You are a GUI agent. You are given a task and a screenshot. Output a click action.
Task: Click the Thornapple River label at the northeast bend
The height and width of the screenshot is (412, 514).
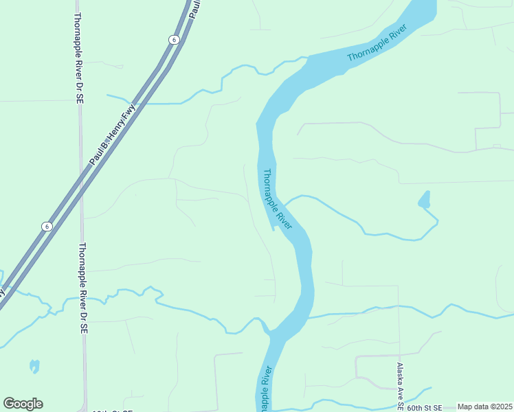click(x=377, y=43)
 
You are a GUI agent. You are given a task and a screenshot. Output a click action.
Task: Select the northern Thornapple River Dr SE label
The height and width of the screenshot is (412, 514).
click(x=79, y=58)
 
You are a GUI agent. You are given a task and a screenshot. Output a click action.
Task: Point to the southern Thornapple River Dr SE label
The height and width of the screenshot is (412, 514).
click(x=82, y=288)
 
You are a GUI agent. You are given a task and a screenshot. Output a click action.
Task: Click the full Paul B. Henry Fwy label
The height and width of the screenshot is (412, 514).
click(x=113, y=135)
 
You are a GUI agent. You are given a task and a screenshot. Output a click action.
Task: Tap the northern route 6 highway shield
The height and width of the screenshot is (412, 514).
click(x=175, y=40)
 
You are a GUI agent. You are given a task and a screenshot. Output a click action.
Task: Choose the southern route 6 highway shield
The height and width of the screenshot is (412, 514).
click(x=46, y=226)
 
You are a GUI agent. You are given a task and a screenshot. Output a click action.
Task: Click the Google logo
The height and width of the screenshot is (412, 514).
click(x=23, y=404)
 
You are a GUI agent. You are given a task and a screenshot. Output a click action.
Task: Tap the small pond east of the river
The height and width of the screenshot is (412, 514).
click(x=424, y=201)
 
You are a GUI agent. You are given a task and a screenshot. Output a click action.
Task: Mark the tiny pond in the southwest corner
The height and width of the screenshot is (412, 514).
click(x=34, y=366)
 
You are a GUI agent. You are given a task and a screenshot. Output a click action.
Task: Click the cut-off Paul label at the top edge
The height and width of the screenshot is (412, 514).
click(x=194, y=8)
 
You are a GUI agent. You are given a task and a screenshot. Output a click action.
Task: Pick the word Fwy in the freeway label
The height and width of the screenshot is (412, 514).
click(x=129, y=112)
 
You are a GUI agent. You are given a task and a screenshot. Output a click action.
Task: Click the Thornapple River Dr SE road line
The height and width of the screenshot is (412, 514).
click(x=81, y=172)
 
